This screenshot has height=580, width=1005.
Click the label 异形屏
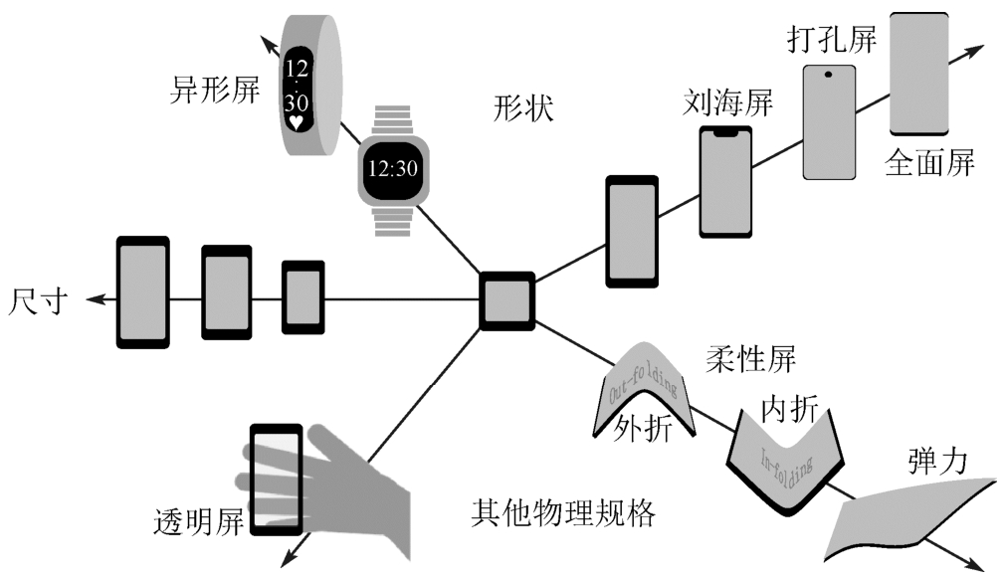coord(215,92)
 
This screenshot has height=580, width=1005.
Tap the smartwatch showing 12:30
coord(392,168)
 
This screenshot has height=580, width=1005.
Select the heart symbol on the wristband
coord(296,122)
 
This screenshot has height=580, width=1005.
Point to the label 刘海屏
coord(728,102)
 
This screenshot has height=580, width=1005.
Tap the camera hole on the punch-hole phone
coord(828,73)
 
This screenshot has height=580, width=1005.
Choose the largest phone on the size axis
coord(143,291)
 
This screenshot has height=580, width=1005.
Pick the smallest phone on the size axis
coord(302,296)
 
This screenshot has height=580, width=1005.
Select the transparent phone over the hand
coord(276,480)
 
